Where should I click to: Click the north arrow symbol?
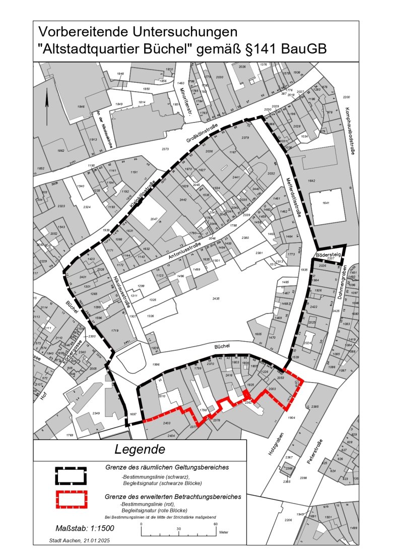(x=47, y=106)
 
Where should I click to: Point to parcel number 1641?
(x=325, y=203)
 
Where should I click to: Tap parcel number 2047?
(x=154, y=219)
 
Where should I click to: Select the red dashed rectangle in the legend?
(x=71, y=499)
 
